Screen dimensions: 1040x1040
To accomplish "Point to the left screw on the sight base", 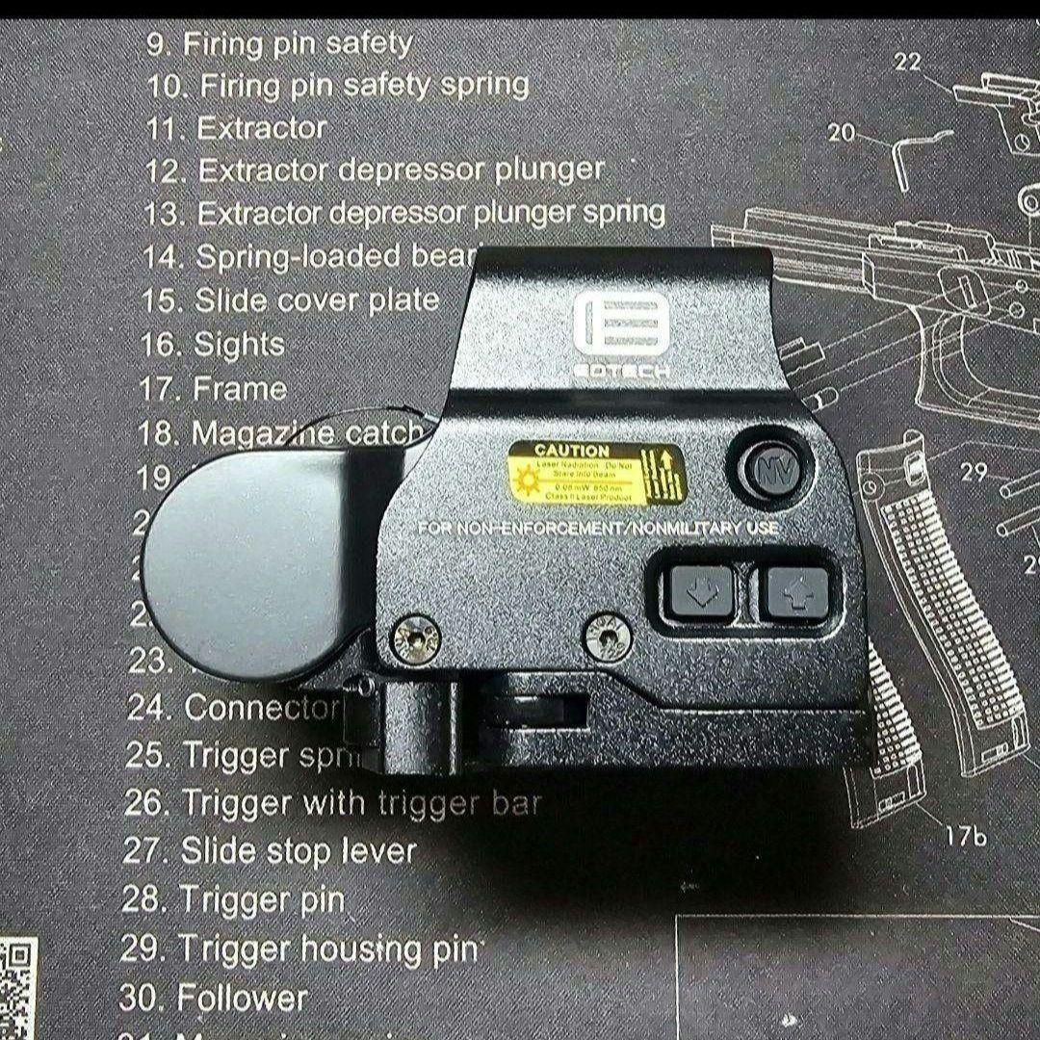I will pos(416,637).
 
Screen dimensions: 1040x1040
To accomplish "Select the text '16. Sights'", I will pos(213,344).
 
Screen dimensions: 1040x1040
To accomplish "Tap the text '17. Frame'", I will pos(214,389).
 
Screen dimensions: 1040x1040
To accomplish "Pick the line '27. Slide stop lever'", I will pos(270,850).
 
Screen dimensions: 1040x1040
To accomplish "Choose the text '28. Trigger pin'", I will pos(233,899).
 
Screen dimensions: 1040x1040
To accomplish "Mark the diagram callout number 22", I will pos(907,63).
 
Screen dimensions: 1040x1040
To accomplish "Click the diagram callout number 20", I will pos(841,133).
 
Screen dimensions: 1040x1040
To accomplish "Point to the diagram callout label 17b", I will pos(965,836).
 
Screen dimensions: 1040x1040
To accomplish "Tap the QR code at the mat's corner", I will pos(17,987).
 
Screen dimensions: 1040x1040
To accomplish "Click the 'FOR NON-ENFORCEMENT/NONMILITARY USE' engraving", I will pos(598,529).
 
